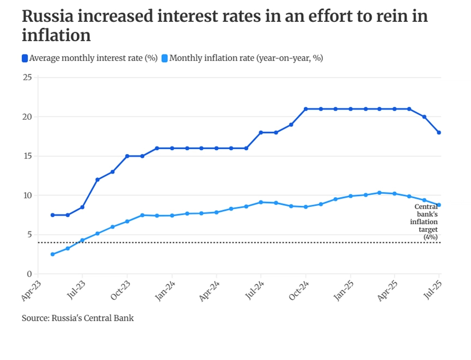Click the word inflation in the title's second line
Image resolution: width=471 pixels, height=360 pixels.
(56, 36)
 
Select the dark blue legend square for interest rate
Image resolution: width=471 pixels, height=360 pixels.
(25, 58)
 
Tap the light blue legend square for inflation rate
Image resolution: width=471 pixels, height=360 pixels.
(165, 58)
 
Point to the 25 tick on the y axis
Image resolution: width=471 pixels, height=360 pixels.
(27, 77)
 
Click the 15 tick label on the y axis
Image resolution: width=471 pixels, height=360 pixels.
(27, 156)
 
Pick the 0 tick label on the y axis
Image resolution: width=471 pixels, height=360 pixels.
(29, 274)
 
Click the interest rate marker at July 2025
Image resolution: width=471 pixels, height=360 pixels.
(439, 132)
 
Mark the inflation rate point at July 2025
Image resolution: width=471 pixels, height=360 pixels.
(439, 205)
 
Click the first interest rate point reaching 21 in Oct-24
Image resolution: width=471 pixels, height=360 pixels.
(305, 109)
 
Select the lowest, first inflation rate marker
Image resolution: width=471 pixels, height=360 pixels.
(52, 254)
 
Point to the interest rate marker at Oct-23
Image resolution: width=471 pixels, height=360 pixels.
(127, 156)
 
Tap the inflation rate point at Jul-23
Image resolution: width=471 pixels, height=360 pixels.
(82, 240)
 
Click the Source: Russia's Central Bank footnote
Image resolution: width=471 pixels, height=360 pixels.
(78, 318)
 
